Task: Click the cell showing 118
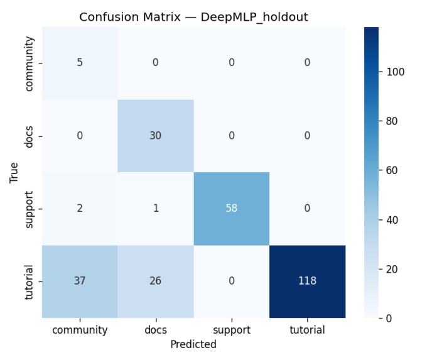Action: [307, 281]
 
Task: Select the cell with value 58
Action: [231, 208]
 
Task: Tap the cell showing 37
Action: [80, 281]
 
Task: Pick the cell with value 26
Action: [155, 281]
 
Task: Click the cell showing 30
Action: [155, 136]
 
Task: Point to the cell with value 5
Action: [80, 63]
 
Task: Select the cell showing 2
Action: [80, 208]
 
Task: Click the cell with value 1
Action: [155, 208]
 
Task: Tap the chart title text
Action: [193, 18]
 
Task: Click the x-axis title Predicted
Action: [193, 344]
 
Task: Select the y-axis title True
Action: [14, 173]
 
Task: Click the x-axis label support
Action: [231, 330]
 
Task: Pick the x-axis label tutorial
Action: [307, 330]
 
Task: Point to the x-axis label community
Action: [80, 330]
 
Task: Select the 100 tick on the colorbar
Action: [396, 72]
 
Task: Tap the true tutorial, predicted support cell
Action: [231, 281]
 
